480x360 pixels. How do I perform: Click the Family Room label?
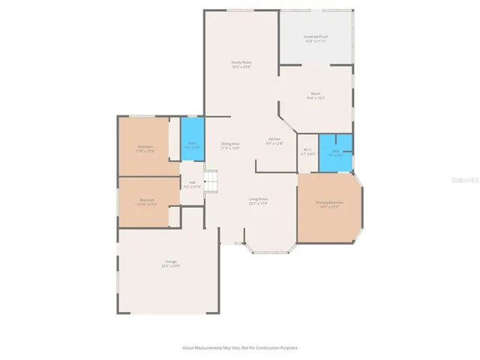pos(241,61)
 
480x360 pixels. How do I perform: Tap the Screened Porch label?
pos(316,36)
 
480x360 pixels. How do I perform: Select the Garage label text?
pos(172,262)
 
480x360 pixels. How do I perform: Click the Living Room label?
pos(259,199)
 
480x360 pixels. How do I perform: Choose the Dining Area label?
pos(230,143)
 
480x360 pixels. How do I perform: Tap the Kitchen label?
pos(275,139)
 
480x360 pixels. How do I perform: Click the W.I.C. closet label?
pos(307,149)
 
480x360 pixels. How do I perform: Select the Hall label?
pos(192,182)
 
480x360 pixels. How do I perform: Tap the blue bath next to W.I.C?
pos(335,153)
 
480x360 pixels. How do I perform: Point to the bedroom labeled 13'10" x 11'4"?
pos(147,201)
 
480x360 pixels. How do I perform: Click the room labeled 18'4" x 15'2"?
pos(316,95)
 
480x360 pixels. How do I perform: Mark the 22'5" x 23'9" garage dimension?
pos(172,266)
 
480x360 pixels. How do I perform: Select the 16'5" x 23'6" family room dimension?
pos(241,67)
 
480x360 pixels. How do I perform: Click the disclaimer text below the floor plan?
pos(240,347)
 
